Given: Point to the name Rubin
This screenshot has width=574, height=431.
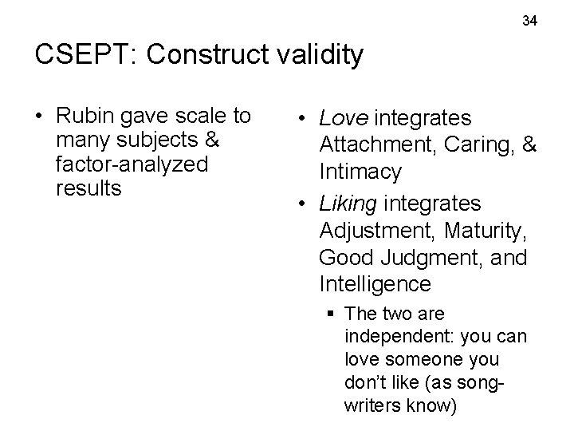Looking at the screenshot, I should tap(84, 117).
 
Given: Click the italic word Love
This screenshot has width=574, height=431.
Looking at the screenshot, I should tap(344, 119).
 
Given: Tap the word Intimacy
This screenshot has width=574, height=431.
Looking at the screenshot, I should tap(360, 172).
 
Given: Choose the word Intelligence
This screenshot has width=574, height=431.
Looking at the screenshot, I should tap(375, 284).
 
